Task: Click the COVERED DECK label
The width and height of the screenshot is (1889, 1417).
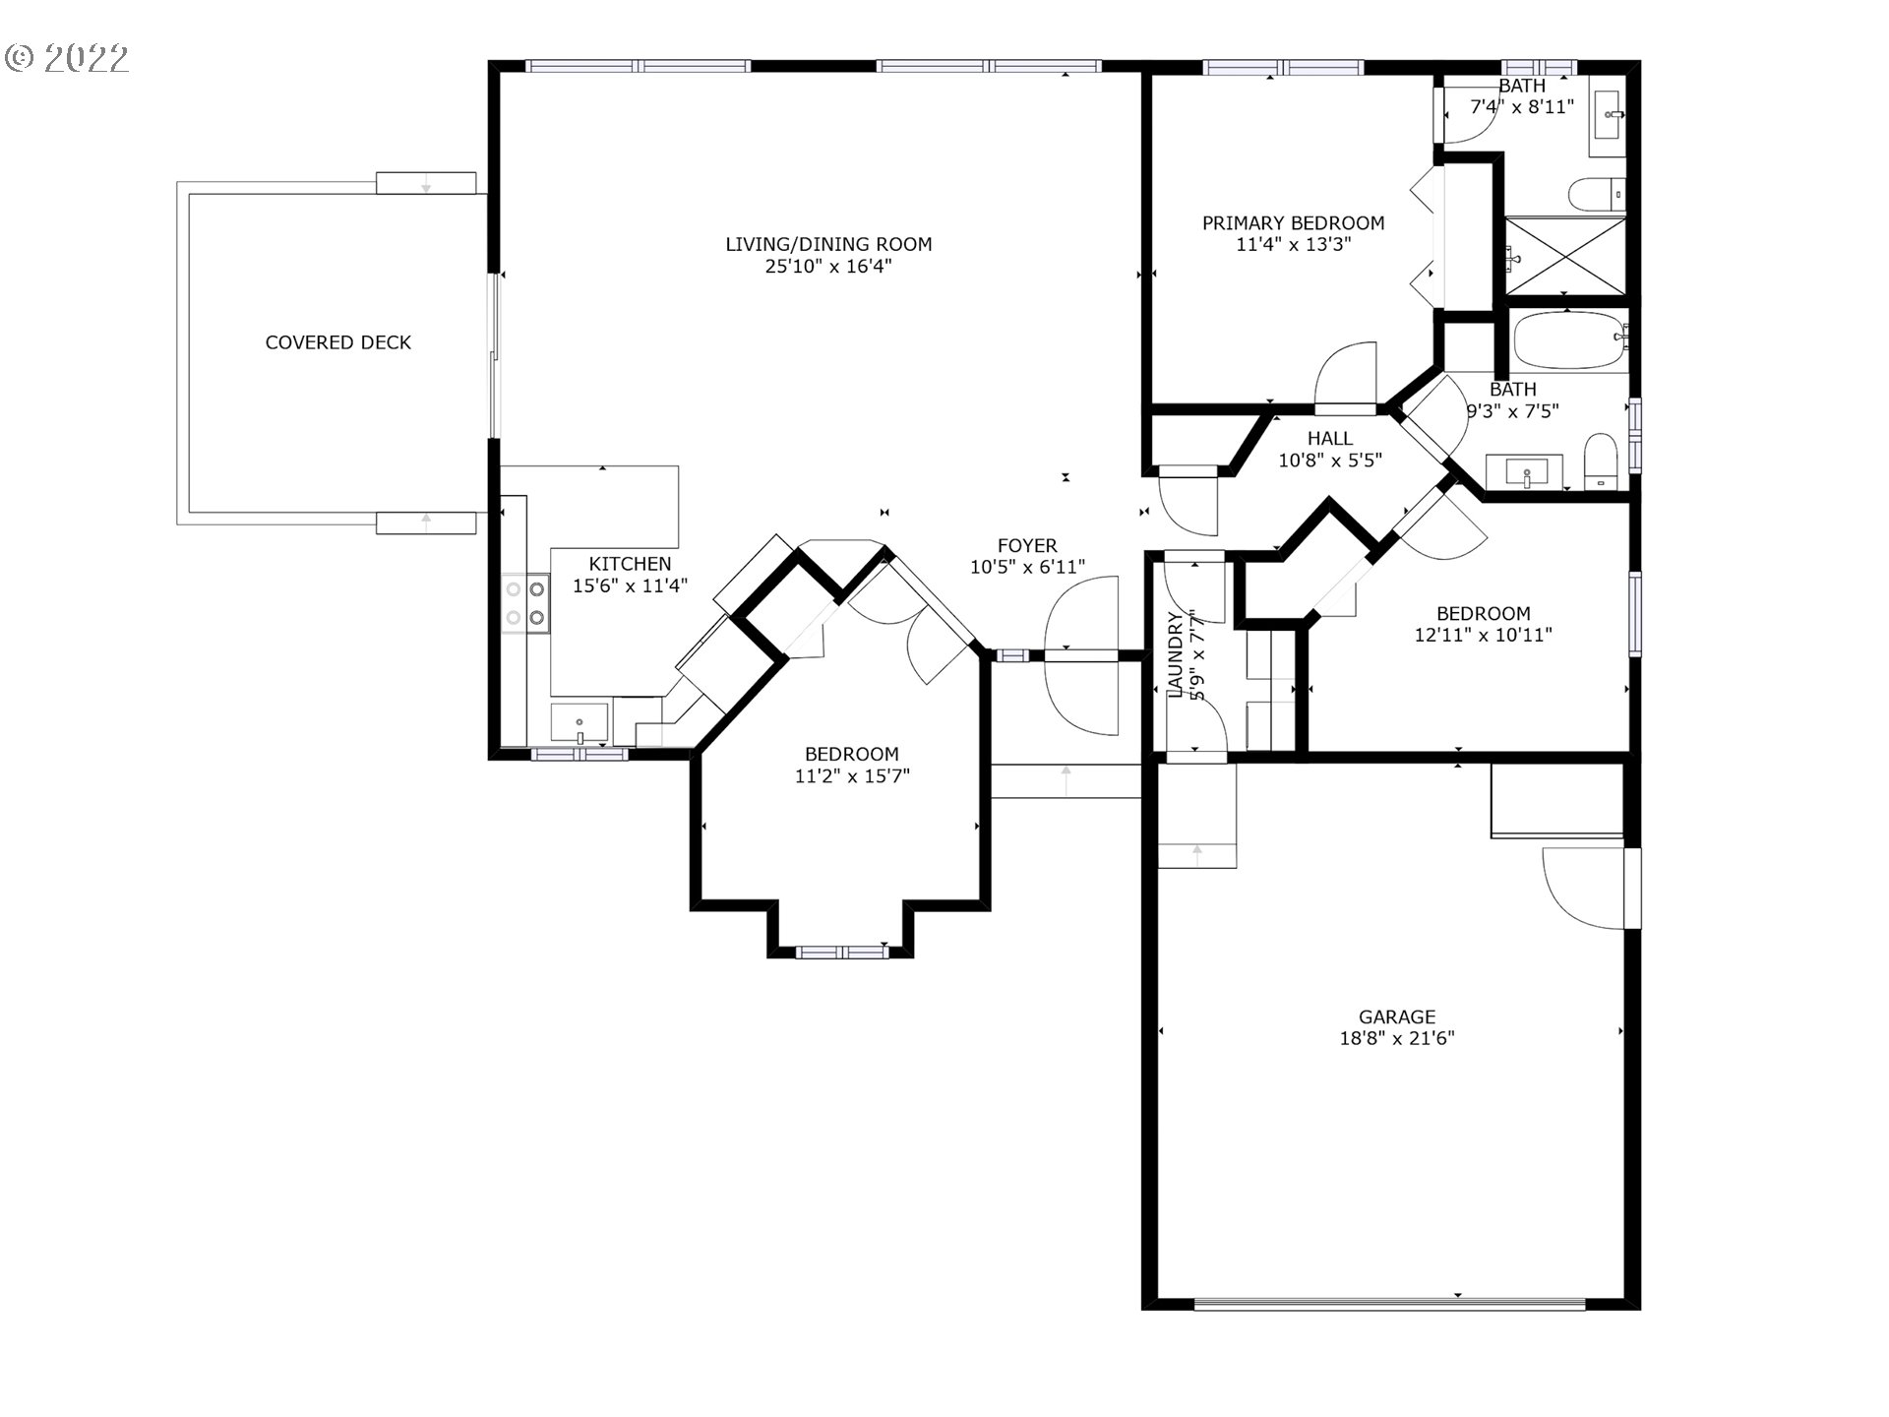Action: point(337,342)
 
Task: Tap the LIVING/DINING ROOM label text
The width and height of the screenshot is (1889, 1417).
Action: point(828,244)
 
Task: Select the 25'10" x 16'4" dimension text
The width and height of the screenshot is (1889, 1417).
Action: point(828,267)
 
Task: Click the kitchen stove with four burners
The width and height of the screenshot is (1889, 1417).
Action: point(524,603)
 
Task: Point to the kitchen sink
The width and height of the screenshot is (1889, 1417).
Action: point(579,723)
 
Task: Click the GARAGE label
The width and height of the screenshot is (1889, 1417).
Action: point(1397,1017)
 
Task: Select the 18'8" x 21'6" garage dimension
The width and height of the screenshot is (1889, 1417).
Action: point(1397,1038)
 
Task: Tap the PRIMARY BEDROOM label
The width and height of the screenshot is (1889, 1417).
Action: point(1293,223)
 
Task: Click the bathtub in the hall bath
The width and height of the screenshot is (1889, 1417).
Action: point(1568,340)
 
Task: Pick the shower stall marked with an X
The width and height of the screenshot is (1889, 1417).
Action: point(1565,256)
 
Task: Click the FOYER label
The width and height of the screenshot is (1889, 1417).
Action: point(1027,545)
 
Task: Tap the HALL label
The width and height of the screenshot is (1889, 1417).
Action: point(1329,439)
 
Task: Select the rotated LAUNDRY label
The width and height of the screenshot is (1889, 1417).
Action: point(1176,654)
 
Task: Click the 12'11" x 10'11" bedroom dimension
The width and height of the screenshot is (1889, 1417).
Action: point(1483,635)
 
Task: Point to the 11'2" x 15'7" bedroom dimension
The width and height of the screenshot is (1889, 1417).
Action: point(852,776)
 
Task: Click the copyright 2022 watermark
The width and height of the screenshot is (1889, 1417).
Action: point(67,58)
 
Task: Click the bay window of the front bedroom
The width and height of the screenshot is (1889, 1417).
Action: point(841,952)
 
